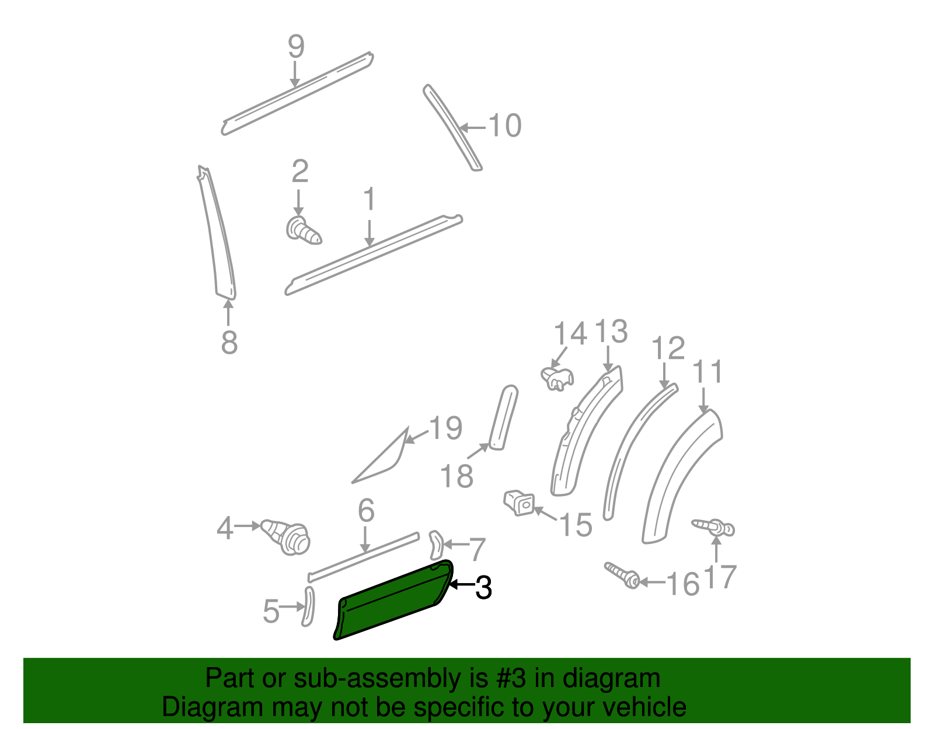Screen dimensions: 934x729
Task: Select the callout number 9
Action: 296,46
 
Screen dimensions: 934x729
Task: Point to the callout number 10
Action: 504,125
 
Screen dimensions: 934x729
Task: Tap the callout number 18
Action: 456,476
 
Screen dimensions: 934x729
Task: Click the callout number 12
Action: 668,348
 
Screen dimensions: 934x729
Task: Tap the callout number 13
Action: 611,332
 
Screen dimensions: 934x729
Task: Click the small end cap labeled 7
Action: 436,545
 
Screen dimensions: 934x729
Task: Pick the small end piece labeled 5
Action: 308,607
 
